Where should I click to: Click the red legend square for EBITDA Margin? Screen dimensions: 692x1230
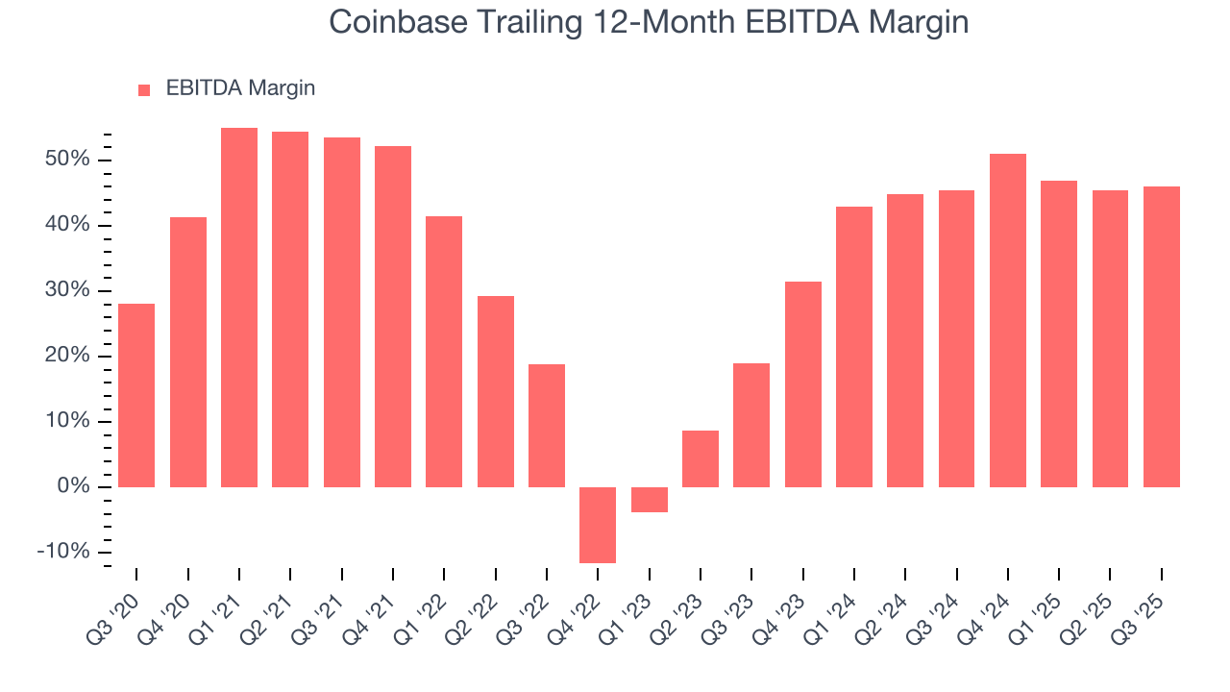click(x=144, y=89)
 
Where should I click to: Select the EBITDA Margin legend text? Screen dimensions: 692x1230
click(x=240, y=88)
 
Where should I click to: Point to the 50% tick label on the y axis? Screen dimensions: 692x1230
click(x=67, y=160)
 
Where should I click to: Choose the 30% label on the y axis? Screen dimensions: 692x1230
click(x=67, y=290)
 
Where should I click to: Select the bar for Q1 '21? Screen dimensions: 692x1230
click(x=239, y=308)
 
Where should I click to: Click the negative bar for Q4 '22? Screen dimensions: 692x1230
click(x=598, y=525)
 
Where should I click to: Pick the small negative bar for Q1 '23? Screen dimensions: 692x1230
click(x=650, y=500)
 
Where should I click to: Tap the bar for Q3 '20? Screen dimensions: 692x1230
click(x=136, y=395)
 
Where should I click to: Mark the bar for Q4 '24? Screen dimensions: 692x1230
click(x=1008, y=320)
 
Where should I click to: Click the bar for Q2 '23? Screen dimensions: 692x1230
click(x=701, y=458)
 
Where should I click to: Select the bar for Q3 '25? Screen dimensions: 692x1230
click(x=1162, y=336)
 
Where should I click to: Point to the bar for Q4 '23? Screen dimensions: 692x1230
click(x=803, y=384)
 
